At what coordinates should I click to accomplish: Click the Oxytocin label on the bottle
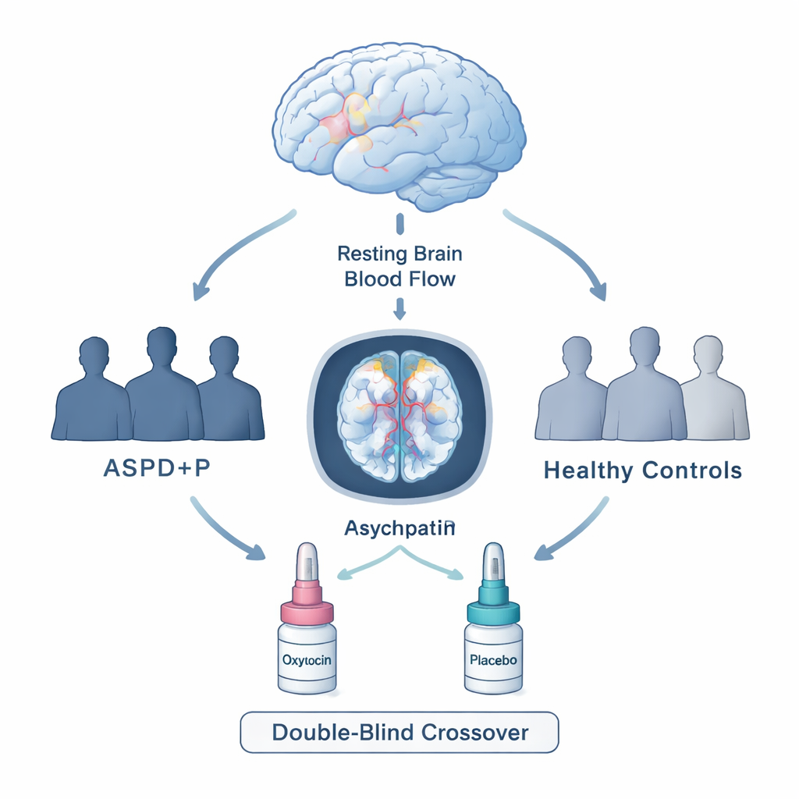click(307, 659)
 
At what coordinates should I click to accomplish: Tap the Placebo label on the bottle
click(493, 659)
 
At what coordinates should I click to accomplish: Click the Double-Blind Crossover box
click(399, 733)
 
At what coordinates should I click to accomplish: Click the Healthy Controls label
click(642, 471)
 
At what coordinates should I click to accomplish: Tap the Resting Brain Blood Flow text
click(399, 266)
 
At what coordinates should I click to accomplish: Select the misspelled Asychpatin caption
click(399, 527)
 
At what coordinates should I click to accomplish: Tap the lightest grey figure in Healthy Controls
click(712, 394)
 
